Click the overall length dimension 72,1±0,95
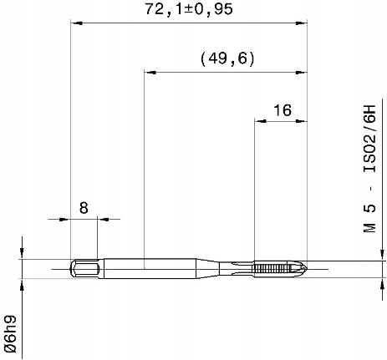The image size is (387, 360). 189,10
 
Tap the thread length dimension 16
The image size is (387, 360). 283,110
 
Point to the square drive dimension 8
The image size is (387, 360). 84,208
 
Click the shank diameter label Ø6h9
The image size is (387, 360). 11,334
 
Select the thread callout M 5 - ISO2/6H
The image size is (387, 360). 369,169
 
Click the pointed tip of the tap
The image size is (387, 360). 307,269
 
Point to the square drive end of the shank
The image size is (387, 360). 84,269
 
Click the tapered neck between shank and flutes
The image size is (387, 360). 208,269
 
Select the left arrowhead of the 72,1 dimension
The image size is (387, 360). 77,23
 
